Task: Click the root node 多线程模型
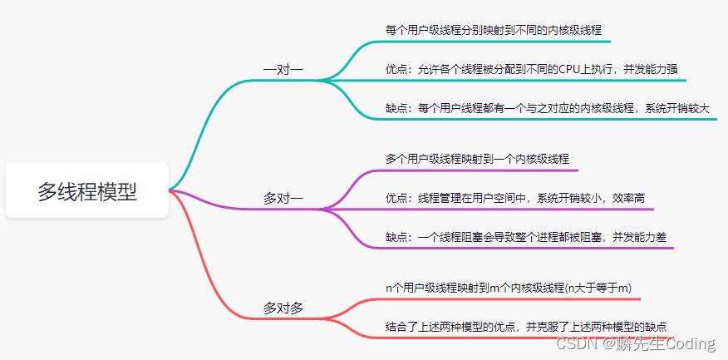point(87,190)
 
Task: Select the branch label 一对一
point(283,70)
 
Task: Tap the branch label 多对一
point(283,199)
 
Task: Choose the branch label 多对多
point(283,308)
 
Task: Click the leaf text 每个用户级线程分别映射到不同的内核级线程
point(493,31)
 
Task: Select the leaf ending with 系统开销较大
point(548,109)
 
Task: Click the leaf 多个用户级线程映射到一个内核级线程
point(477,159)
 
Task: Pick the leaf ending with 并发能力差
point(526,238)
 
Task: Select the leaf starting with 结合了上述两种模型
point(527,327)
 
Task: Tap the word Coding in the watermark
point(691,343)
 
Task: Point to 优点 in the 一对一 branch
point(395,70)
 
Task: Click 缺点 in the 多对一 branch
point(395,238)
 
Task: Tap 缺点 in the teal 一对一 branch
point(395,109)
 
